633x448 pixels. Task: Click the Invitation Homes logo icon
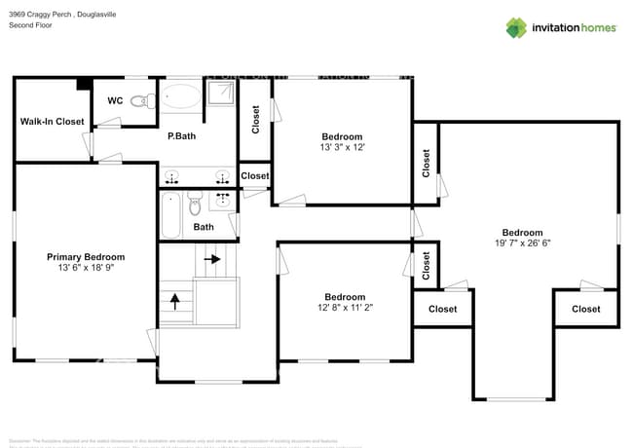tap(516, 27)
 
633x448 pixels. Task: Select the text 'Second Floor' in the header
tap(30, 25)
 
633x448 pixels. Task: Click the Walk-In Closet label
tap(53, 122)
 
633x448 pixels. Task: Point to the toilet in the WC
tap(142, 99)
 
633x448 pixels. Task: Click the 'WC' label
tap(115, 100)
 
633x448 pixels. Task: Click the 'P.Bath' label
tap(181, 136)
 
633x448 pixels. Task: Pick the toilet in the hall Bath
tap(194, 205)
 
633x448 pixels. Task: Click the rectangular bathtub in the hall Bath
tap(171, 214)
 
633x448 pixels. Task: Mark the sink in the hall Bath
tap(223, 201)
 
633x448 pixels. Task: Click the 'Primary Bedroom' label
tap(86, 257)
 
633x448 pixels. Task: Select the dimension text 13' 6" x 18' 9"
tap(86, 268)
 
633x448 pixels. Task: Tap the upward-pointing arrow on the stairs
tap(175, 300)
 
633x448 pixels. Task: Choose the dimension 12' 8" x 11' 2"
tap(345, 308)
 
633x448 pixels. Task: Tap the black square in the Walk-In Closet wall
tap(85, 84)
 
